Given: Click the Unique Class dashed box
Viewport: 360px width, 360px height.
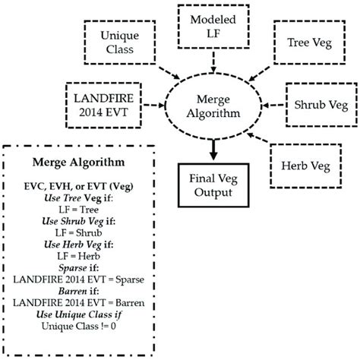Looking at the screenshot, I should (x=110, y=44).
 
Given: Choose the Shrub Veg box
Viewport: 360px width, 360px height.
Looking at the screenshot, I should (x=317, y=103).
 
